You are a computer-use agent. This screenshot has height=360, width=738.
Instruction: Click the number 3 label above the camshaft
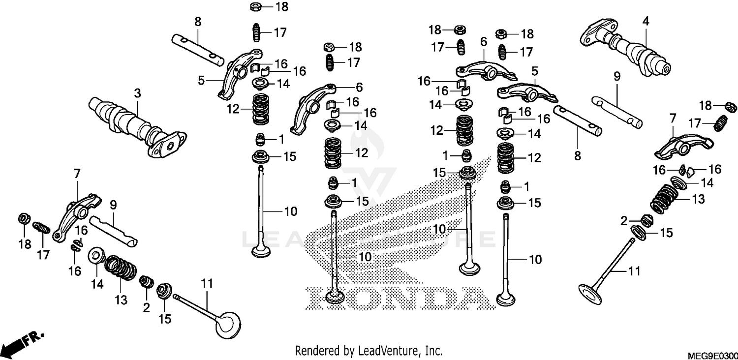click(137, 93)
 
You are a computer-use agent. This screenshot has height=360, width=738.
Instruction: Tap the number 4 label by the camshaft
click(646, 21)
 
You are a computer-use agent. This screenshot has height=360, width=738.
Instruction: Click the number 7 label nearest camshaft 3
click(77, 174)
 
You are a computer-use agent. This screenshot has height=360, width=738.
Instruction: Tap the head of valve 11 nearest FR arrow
click(229, 325)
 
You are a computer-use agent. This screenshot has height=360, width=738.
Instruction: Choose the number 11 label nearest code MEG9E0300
click(634, 271)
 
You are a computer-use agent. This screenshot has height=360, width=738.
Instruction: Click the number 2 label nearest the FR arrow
click(146, 308)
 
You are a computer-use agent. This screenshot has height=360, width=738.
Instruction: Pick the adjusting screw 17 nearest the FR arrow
click(42, 229)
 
